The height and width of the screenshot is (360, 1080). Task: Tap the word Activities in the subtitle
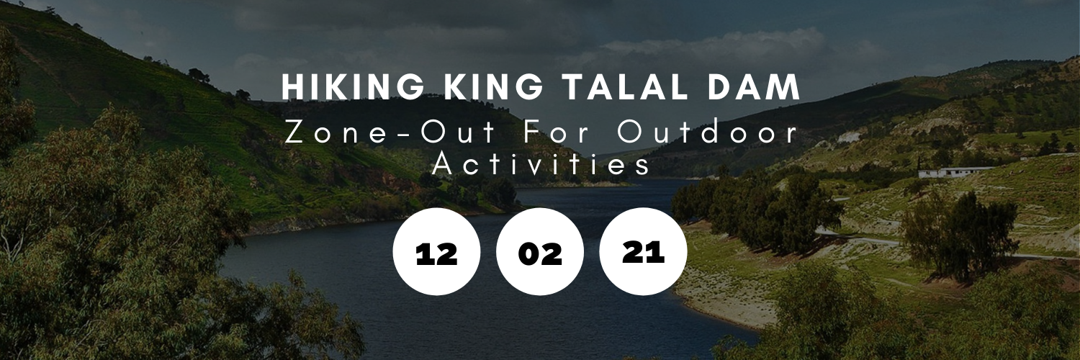[x=541, y=164]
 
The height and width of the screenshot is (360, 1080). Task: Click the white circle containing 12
[x=437, y=251]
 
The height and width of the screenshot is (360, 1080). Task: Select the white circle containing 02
[x=540, y=251]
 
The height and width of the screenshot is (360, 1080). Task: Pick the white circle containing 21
[x=643, y=251]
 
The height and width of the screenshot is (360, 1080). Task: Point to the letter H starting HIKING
[x=292, y=88]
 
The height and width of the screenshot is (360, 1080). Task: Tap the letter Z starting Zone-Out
[x=294, y=133]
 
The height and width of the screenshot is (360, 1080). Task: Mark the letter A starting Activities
[x=443, y=164]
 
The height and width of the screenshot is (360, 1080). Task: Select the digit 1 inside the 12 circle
[x=423, y=254]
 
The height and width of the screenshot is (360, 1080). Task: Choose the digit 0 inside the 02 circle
[x=529, y=254]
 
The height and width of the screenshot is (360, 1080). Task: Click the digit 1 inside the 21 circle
[x=656, y=252]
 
